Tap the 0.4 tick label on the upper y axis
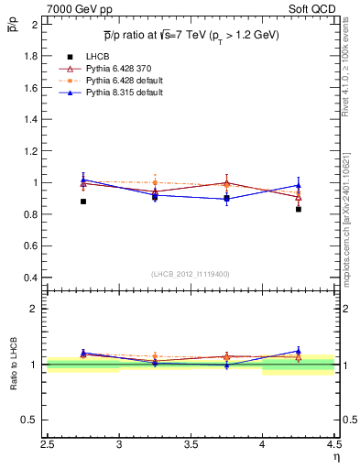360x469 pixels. point(30,278)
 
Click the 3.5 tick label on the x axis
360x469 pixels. point(191,445)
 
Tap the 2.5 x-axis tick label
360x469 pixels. point(48,445)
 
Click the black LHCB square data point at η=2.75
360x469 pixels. point(83,202)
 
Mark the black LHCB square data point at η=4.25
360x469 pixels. point(298,209)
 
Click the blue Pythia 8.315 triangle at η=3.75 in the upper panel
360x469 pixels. point(226,198)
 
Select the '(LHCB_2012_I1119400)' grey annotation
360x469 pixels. point(191,274)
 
